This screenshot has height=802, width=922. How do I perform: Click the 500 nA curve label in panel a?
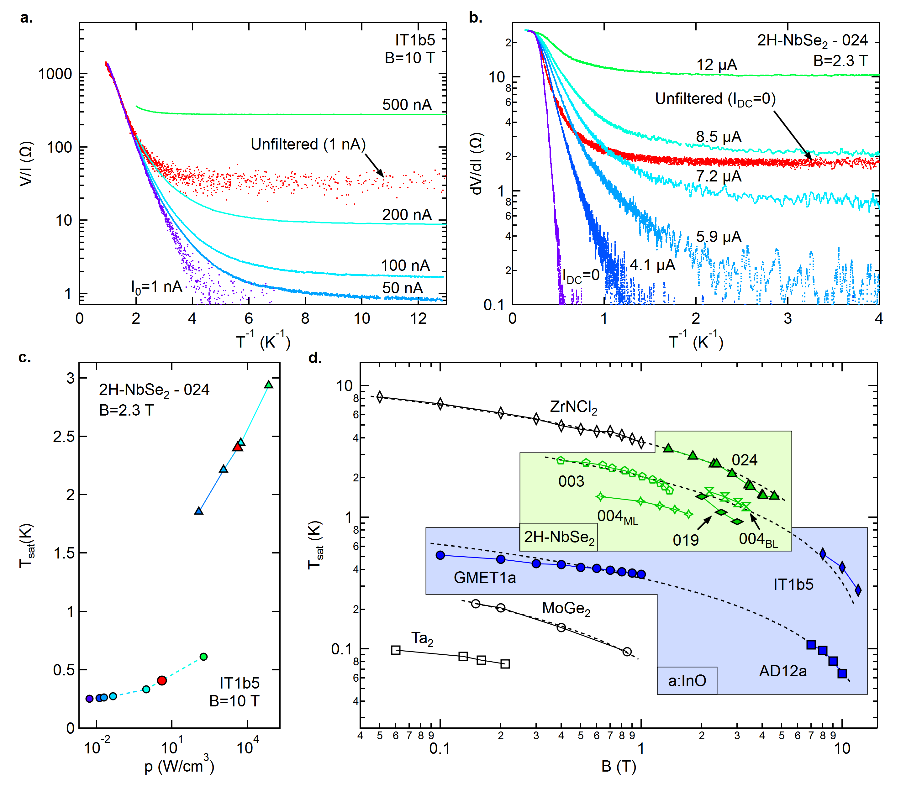click(406, 105)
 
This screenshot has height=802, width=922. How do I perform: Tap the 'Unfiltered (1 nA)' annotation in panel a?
click(308, 144)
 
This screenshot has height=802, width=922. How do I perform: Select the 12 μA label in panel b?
click(716, 65)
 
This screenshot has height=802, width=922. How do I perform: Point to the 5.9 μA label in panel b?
click(718, 236)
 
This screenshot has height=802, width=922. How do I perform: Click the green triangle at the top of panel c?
click(269, 385)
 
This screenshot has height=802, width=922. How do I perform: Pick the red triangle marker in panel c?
click(238, 447)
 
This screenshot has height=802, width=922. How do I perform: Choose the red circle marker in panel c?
click(162, 680)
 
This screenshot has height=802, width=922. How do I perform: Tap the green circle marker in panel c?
click(204, 657)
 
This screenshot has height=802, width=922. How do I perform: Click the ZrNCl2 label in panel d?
click(573, 407)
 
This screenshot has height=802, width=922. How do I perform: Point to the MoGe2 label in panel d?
click(566, 608)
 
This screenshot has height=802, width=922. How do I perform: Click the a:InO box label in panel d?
click(687, 681)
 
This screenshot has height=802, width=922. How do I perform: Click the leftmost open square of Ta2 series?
click(396, 650)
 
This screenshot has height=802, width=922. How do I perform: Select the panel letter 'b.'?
click(475, 18)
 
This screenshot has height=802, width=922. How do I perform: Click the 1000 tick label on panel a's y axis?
click(55, 74)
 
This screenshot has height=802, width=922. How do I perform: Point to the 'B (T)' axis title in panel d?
click(619, 766)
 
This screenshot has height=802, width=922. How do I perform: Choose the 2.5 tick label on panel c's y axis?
click(64, 436)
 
